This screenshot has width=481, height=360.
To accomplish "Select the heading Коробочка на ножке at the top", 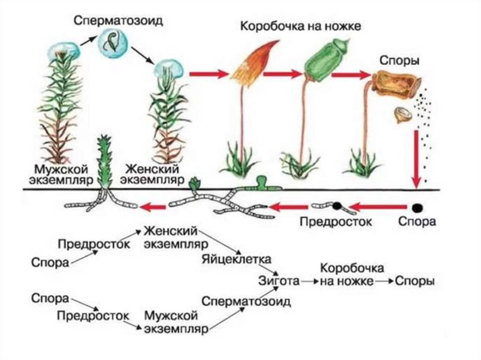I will click(301, 26).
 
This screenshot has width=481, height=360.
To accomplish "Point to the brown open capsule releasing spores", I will click(394, 85).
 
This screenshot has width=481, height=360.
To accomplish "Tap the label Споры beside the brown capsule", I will click(399, 61).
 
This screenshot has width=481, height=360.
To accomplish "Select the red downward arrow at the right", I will click(416, 160).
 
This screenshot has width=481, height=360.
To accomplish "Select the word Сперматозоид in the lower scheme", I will click(245, 301).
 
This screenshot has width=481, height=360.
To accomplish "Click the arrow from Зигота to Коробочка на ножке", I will click(308, 281).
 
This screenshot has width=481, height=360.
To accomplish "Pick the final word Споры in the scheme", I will click(414, 281).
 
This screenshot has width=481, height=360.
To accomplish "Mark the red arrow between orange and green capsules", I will click(282, 73).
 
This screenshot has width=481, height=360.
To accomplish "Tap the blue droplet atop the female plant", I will click(169, 69).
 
